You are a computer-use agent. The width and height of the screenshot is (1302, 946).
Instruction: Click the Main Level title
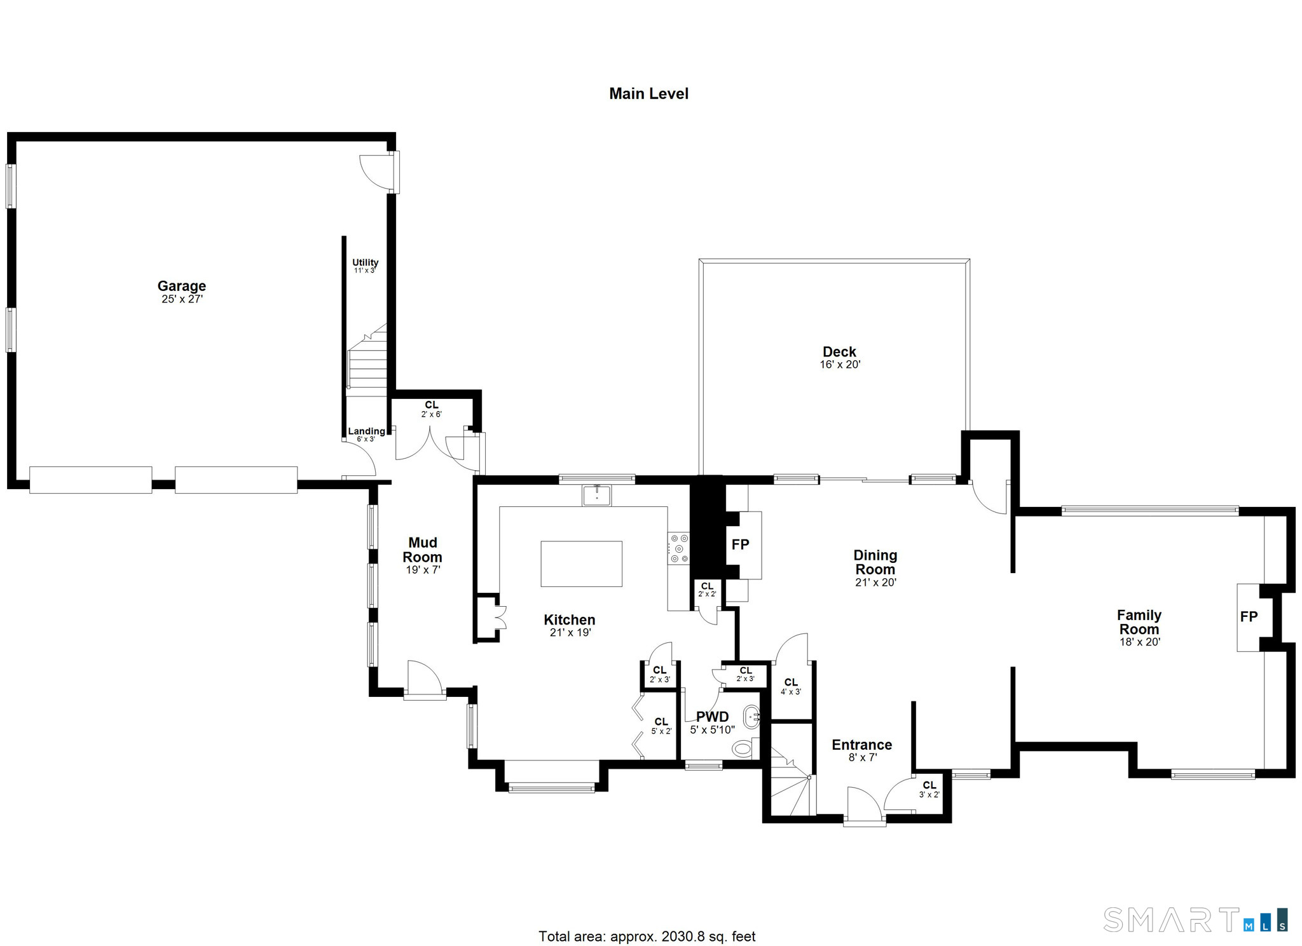point(648,93)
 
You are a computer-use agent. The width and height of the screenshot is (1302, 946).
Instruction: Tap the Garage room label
point(182,286)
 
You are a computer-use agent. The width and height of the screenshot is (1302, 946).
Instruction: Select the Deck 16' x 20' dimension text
point(840,365)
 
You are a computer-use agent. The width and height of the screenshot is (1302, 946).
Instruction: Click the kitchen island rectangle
point(581,564)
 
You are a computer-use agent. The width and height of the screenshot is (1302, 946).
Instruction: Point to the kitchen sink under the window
point(596,495)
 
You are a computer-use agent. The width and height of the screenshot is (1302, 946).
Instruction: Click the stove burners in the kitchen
point(678,548)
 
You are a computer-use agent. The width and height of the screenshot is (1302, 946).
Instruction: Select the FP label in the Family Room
point(1249,616)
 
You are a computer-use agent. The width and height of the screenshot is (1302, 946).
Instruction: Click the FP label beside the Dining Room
point(740,544)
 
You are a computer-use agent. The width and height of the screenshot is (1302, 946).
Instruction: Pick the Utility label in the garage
point(365,262)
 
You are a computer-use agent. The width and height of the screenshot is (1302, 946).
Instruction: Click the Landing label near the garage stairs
point(366,431)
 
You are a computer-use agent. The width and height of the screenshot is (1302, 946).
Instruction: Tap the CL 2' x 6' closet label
point(431,409)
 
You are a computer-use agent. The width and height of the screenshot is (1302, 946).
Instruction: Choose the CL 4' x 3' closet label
point(791,686)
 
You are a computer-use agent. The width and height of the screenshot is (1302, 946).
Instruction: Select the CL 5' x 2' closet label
point(661,726)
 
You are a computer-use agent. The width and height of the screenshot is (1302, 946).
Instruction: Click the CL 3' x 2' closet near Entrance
point(929,789)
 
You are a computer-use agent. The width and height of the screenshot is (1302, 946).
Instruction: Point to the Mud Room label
point(423,550)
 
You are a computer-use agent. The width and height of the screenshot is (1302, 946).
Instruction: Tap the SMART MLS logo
point(1195,920)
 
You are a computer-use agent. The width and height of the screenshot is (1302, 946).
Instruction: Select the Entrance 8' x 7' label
point(861,750)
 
